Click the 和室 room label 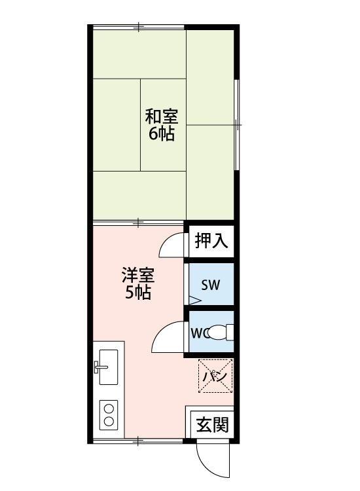pos(161,117)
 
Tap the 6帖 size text pos(161,134)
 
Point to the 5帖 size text pos(138,292)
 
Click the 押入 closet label pos(211,242)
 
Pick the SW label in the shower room pos(210,285)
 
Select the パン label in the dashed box pos(215,376)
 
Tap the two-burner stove pos(109,413)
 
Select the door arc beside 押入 pos(171,246)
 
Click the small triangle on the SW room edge pos(194,300)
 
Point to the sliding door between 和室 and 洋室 pos(138,223)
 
